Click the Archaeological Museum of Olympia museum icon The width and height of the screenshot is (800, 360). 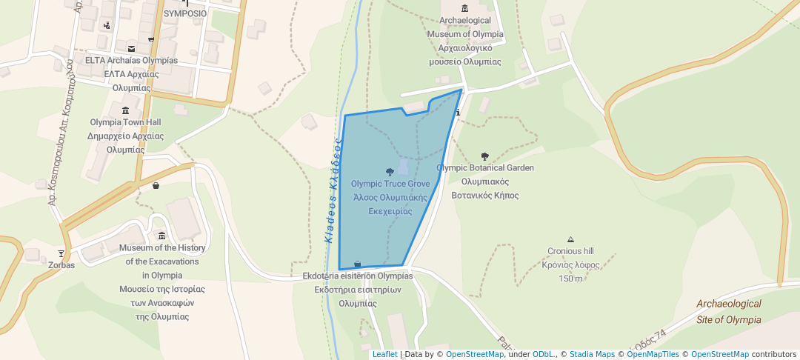[x=464, y=8]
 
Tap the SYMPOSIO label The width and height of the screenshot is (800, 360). [x=184, y=13]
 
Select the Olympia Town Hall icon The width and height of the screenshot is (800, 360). [x=124, y=110]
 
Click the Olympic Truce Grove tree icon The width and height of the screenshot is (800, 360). [x=390, y=172]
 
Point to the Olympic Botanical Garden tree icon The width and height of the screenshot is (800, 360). [x=485, y=156]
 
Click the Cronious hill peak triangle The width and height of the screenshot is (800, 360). [x=570, y=239]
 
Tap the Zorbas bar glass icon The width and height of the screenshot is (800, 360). [x=61, y=253]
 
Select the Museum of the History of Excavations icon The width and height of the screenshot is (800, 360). [x=162, y=236]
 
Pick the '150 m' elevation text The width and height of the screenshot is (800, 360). [x=570, y=279]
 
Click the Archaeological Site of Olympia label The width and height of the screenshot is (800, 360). [x=729, y=312]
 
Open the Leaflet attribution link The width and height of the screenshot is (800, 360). [x=384, y=354]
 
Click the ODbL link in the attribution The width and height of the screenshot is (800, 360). [x=544, y=354]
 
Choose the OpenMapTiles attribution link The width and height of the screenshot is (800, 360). [x=653, y=354]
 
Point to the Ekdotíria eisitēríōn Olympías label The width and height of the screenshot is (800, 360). [x=358, y=276]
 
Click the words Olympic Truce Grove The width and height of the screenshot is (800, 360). [x=390, y=184]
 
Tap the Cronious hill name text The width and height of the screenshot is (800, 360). [x=570, y=251]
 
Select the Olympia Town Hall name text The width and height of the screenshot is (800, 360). [x=125, y=122]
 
